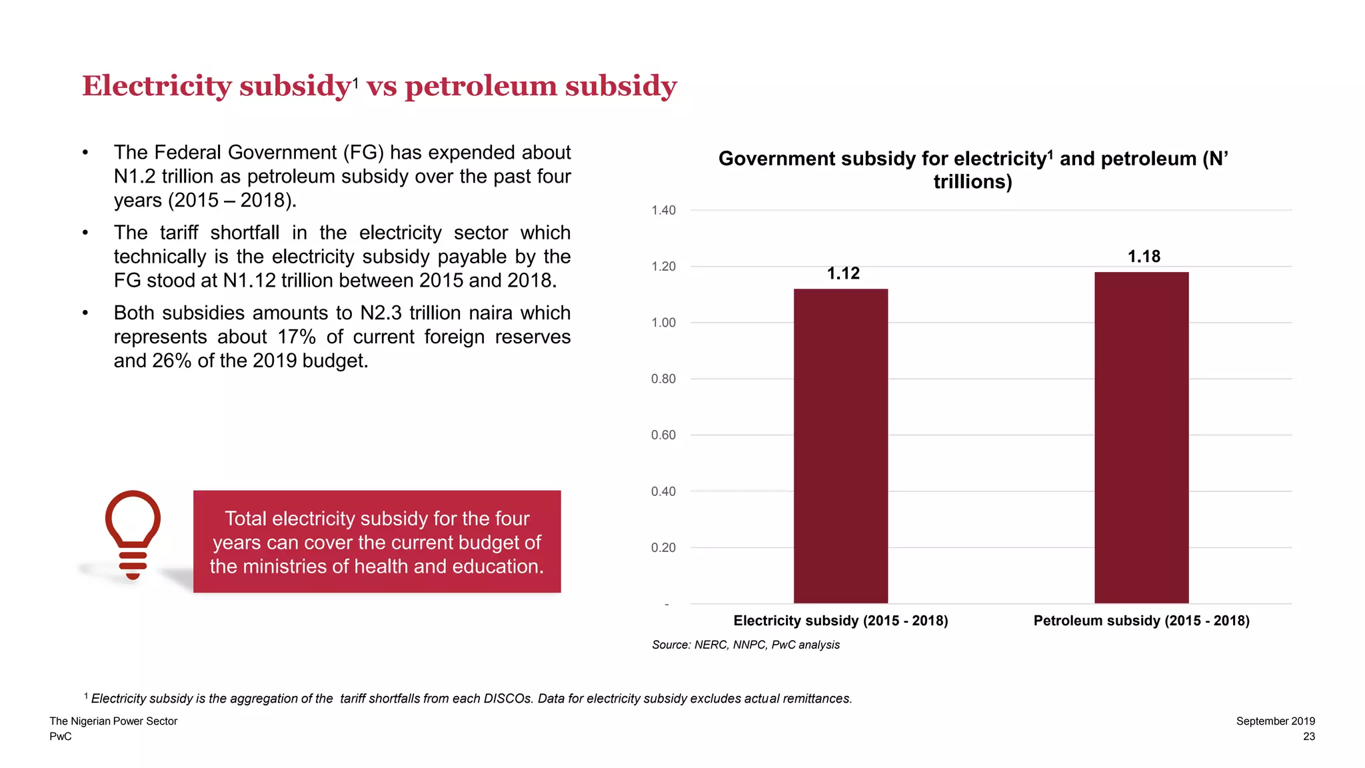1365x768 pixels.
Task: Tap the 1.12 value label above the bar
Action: (843, 273)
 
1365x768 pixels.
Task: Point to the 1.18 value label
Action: (1144, 257)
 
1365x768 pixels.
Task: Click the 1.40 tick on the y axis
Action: (663, 211)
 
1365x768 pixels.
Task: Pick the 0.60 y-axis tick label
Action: (663, 435)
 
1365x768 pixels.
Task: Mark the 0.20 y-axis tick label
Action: (663, 548)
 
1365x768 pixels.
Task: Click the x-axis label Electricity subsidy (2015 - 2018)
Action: (840, 621)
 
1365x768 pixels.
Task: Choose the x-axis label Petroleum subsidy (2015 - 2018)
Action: (1141, 621)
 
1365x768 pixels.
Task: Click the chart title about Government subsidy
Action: (972, 170)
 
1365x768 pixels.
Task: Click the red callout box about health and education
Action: (377, 542)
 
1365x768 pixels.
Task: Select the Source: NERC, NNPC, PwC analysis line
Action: (745, 645)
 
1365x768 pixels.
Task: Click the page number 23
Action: (1308, 737)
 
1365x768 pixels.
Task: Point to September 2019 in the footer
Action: (1275, 721)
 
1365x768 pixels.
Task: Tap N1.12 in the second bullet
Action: (249, 281)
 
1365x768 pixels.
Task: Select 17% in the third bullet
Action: (297, 337)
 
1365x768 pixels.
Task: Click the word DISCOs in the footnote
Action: (507, 699)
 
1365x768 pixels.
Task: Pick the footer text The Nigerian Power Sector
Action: (113, 721)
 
